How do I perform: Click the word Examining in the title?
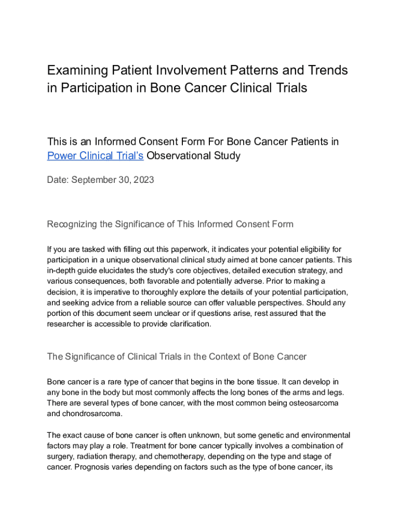pyautogui.click(x=73, y=70)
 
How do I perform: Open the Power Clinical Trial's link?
pyautogui.click(x=95, y=155)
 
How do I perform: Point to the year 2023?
pyautogui.click(x=143, y=180)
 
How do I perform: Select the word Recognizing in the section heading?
pyautogui.click(x=72, y=224)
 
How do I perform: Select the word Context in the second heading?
pyautogui.click(x=218, y=356)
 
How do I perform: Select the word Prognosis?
pyautogui.click(x=94, y=467)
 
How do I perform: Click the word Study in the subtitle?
pyautogui.click(x=224, y=155)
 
